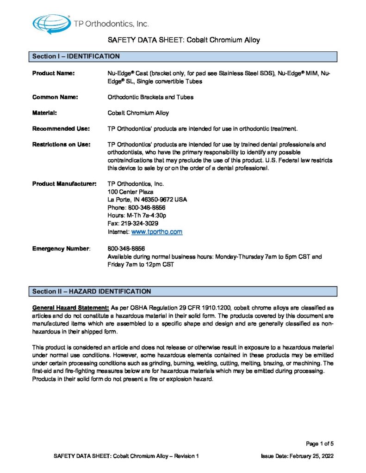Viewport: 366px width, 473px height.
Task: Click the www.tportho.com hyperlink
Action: pyautogui.click(x=157, y=231)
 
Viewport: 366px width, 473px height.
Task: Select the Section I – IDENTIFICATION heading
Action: pyautogui.click(x=76, y=56)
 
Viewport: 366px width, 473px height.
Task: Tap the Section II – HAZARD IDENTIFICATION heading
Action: pyautogui.click(x=92, y=291)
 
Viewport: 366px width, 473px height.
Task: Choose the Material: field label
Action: pyautogui.click(x=44, y=113)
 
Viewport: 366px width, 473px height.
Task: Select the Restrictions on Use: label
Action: pyautogui.click(x=61, y=144)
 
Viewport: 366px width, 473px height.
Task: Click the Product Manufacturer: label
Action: pyautogui.click(x=64, y=184)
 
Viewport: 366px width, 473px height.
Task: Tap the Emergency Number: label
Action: pyautogui.click(x=62, y=249)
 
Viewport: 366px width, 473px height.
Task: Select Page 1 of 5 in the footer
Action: pyautogui.click(x=320, y=444)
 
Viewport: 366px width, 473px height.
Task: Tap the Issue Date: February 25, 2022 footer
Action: pyautogui.click(x=297, y=456)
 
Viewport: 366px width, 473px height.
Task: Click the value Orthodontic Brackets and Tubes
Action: pyautogui.click(x=150, y=97)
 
